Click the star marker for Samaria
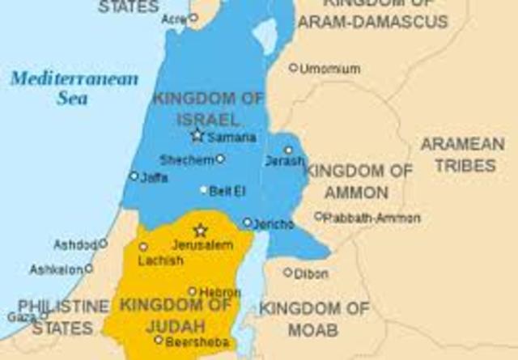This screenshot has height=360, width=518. point(197,135)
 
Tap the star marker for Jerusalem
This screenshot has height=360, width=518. point(200,231)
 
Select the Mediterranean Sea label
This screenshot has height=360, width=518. point(74,88)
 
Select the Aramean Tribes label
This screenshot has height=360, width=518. point(462,155)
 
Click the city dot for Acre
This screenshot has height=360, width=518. point(193,17)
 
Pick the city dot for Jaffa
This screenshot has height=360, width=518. point(134,176)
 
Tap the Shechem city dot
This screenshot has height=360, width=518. point(220,159)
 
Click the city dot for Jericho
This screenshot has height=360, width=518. point(247,222)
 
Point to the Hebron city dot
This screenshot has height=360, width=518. point(192,291)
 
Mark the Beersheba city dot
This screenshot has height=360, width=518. point(159,340)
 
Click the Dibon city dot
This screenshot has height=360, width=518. point(287,273)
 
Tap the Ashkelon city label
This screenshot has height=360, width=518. point(56,269)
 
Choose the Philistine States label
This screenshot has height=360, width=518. point(63,317)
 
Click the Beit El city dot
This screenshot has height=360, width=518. point(204,190)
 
